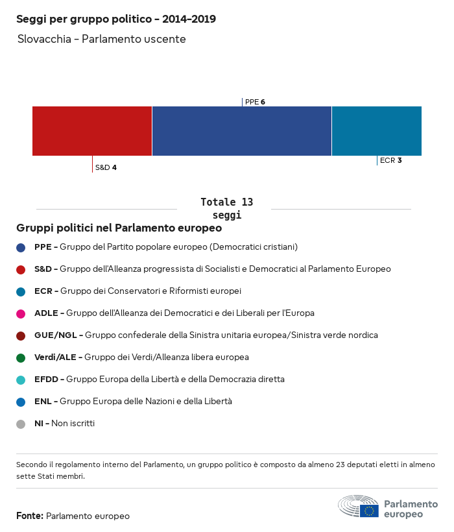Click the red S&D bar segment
point(92,131)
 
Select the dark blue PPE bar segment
point(241,131)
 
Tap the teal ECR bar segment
point(376,131)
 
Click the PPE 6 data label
point(255,102)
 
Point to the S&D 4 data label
point(106,167)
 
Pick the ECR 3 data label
point(390,160)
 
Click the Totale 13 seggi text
point(226,208)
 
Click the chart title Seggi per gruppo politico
point(116,19)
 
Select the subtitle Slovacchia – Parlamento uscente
point(102,40)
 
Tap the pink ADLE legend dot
point(21,313)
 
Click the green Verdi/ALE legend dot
point(21,357)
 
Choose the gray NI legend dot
point(21,424)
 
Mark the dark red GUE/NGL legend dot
point(21,335)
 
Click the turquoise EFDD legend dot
point(21,380)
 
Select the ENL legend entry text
point(133,402)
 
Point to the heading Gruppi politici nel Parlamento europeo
point(119,228)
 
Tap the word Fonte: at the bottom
point(30,516)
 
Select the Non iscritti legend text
point(73,424)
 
